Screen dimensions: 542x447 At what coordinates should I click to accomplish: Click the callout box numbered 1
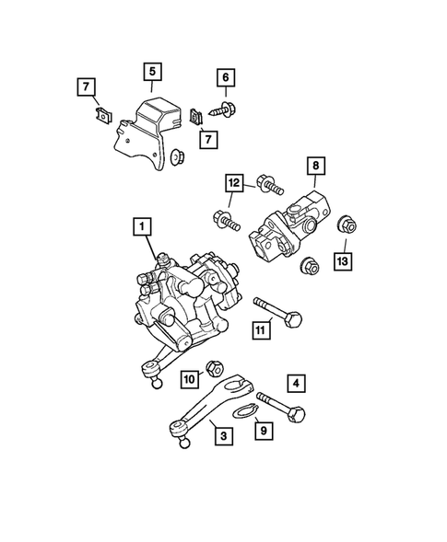point(143,225)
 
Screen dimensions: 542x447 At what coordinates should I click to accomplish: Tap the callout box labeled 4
point(296,380)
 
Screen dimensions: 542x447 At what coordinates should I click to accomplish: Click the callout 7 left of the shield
point(85,87)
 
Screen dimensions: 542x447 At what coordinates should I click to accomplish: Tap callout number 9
point(263,428)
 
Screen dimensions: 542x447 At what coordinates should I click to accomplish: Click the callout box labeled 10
point(189,378)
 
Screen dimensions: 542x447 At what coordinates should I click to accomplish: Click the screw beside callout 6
point(224,109)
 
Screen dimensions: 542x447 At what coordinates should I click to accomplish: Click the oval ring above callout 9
point(242,410)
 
